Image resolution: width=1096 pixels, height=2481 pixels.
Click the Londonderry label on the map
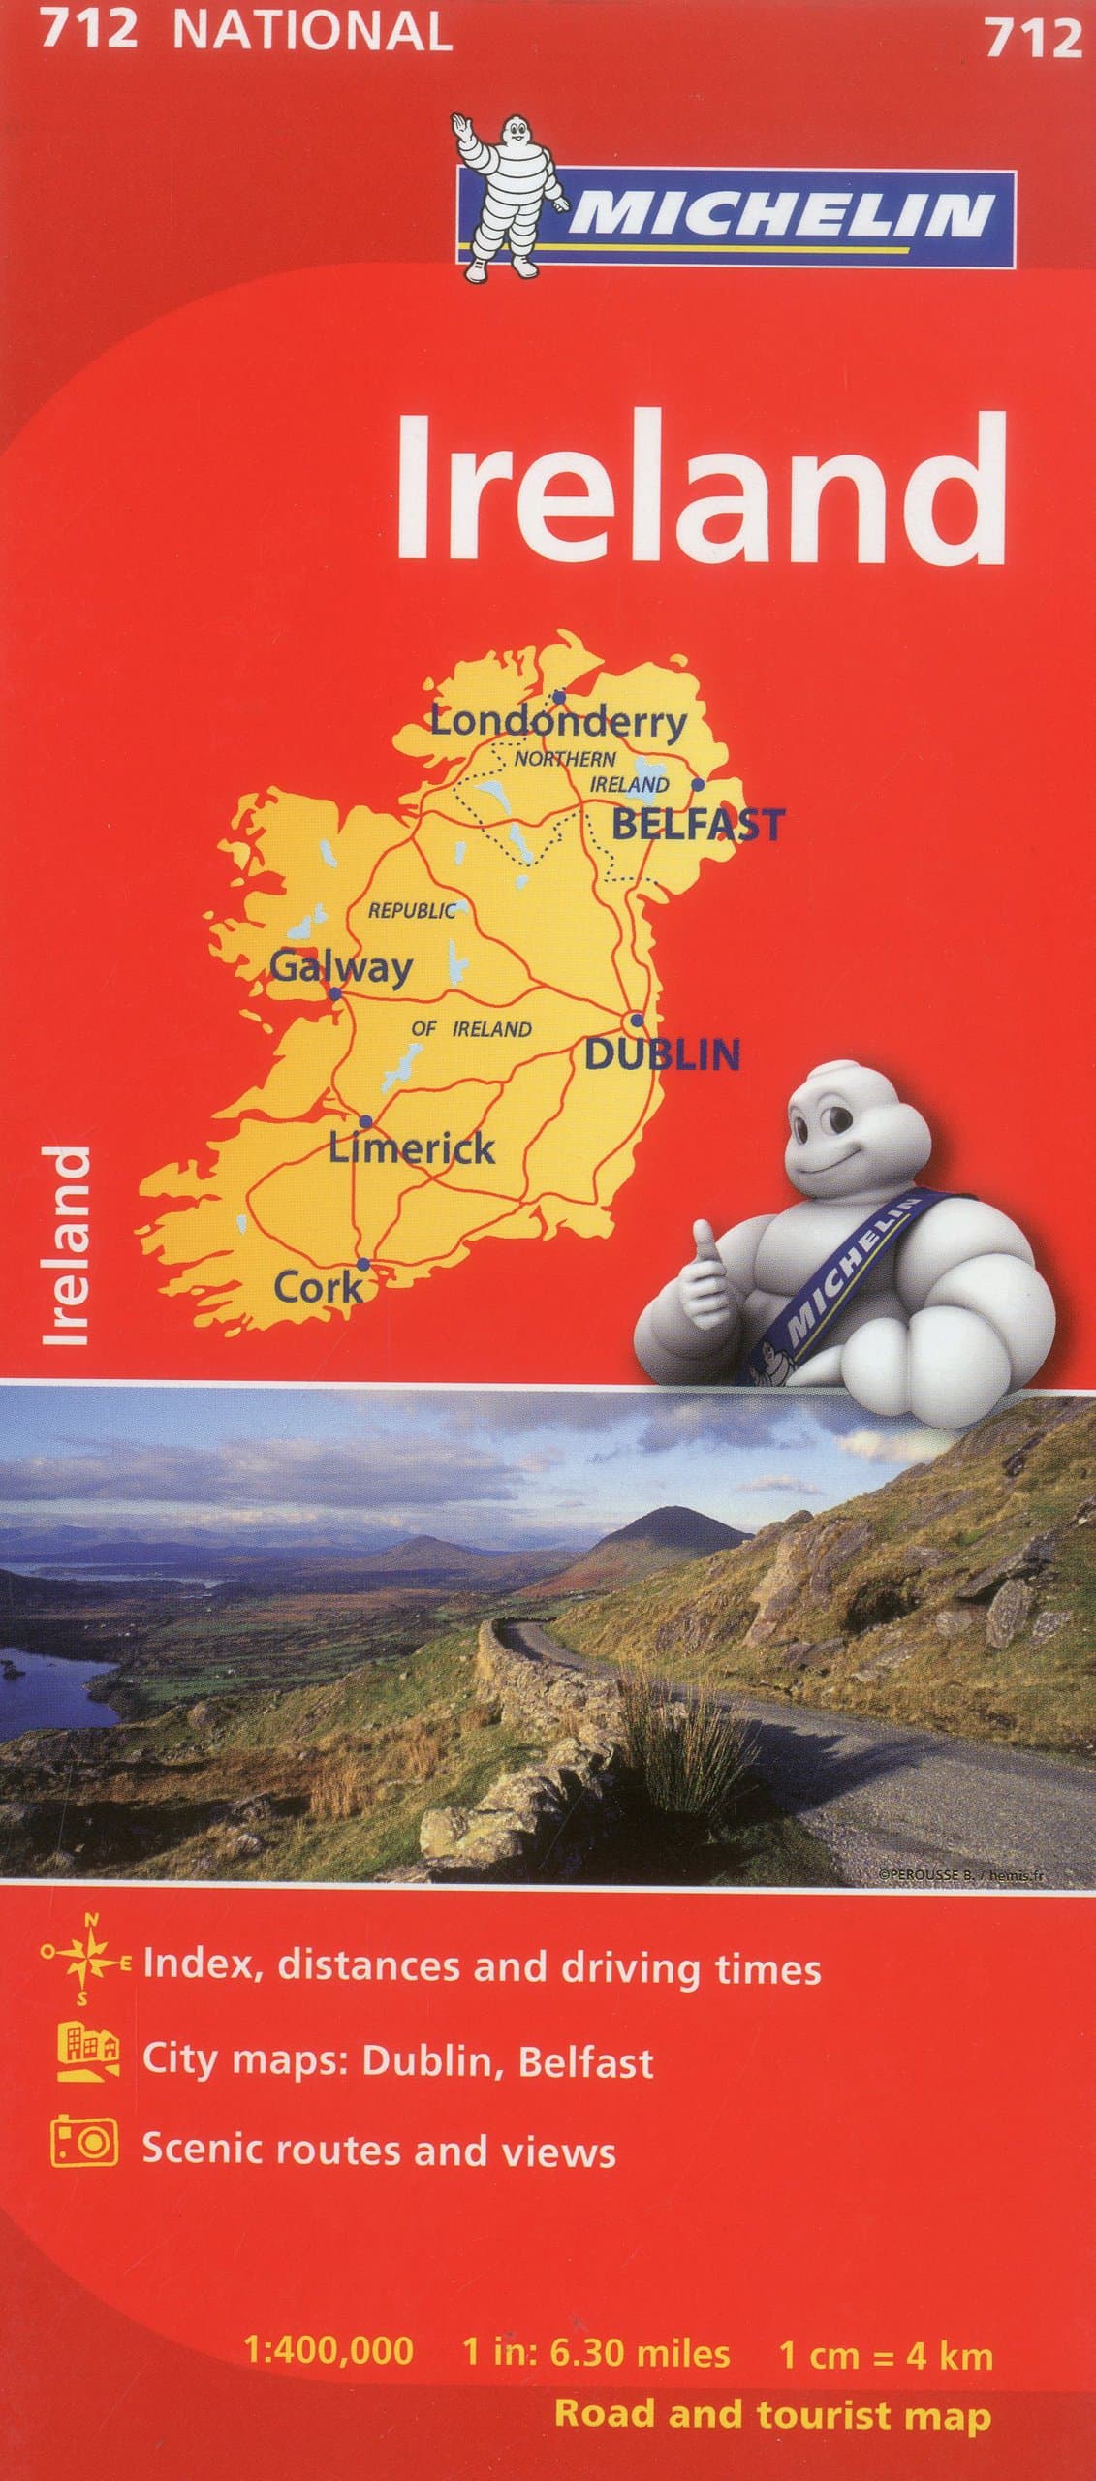pos(557,722)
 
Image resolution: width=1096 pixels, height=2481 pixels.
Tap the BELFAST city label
pos(696,825)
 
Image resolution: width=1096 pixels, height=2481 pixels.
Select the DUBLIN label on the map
pos(663,1053)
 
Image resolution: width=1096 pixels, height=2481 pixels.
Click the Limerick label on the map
pos(412,1148)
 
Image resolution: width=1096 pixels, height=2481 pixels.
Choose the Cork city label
pos(318,1287)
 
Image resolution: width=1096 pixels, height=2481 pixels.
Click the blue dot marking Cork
pos(362,1264)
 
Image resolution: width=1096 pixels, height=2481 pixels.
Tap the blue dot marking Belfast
pos(697,784)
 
